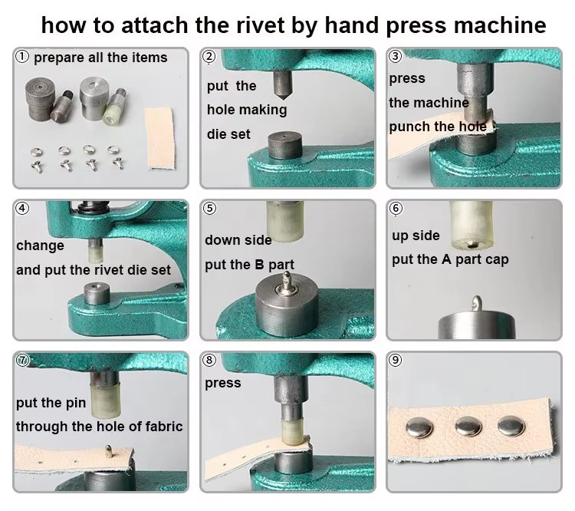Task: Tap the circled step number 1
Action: coord(22,57)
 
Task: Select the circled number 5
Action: coord(209,208)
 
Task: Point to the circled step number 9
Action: coord(396,360)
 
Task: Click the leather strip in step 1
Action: coord(159,138)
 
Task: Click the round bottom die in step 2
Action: coord(285,146)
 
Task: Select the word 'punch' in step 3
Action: coord(405,127)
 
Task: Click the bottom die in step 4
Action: coord(97,294)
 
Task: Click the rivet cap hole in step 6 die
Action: coord(473,245)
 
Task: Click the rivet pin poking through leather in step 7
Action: coord(109,451)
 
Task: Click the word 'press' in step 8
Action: coord(223,384)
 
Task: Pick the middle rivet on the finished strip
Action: coord(468,427)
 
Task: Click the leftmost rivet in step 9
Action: coord(420,428)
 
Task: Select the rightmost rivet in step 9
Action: coord(511,426)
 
